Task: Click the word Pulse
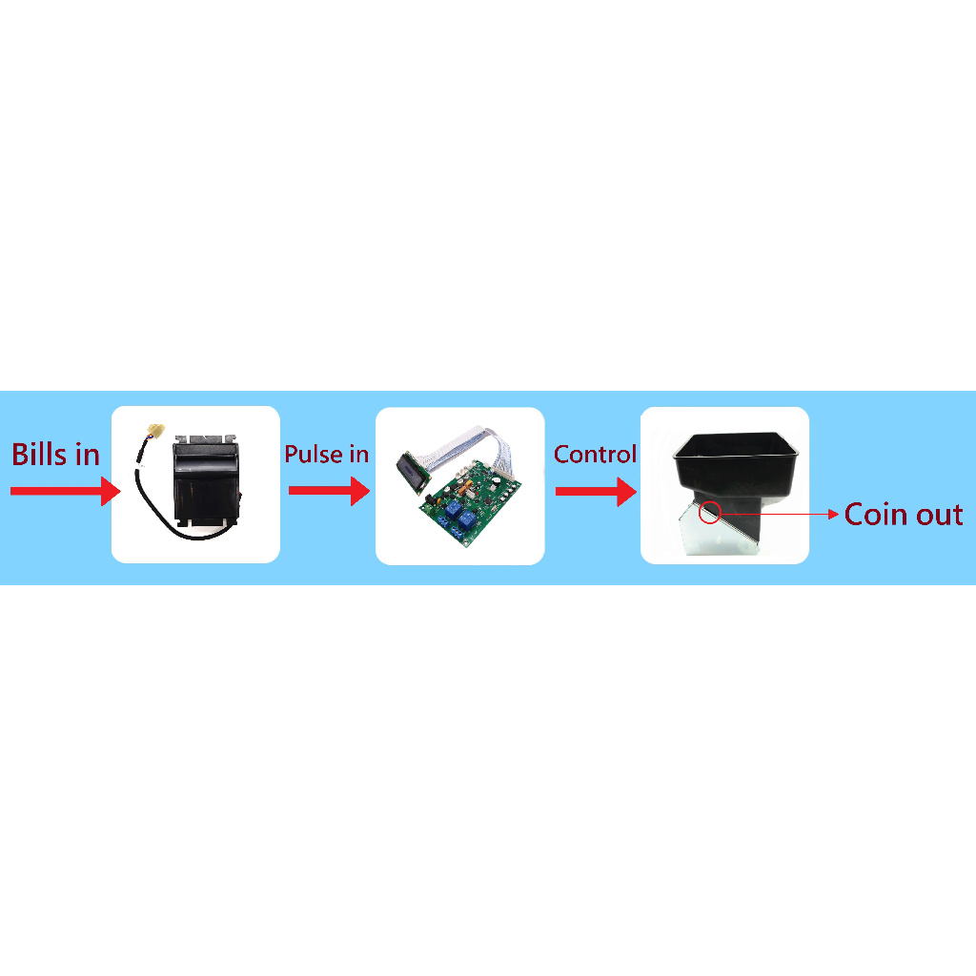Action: pyautogui.click(x=313, y=455)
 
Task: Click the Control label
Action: pyautogui.click(x=595, y=455)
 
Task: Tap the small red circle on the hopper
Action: pyautogui.click(x=709, y=513)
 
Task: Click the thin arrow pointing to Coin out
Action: pyautogui.click(x=782, y=514)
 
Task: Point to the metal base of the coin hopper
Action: pyautogui.click(x=720, y=539)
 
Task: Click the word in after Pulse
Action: pyautogui.click(x=358, y=455)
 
